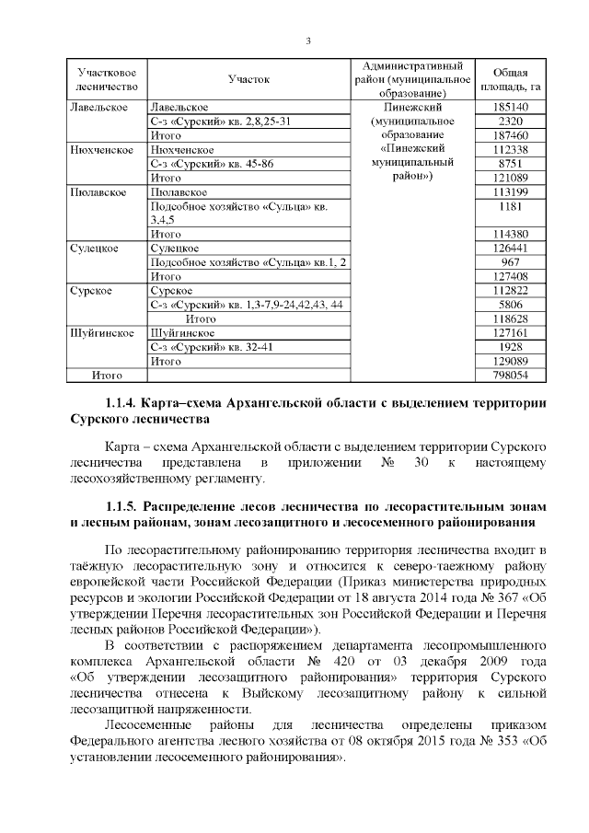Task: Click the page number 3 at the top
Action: tap(307, 40)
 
